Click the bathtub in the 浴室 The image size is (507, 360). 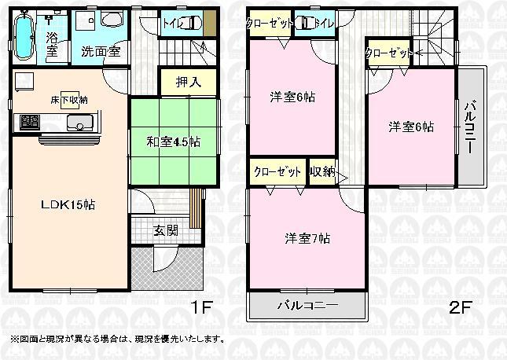(24, 35)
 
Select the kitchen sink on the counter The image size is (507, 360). (79, 123)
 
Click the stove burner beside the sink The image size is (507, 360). (30, 123)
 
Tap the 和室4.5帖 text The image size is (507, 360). (172, 142)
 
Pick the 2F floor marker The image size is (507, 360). (459, 307)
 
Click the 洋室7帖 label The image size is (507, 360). (306, 238)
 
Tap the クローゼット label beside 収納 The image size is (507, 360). (277, 171)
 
